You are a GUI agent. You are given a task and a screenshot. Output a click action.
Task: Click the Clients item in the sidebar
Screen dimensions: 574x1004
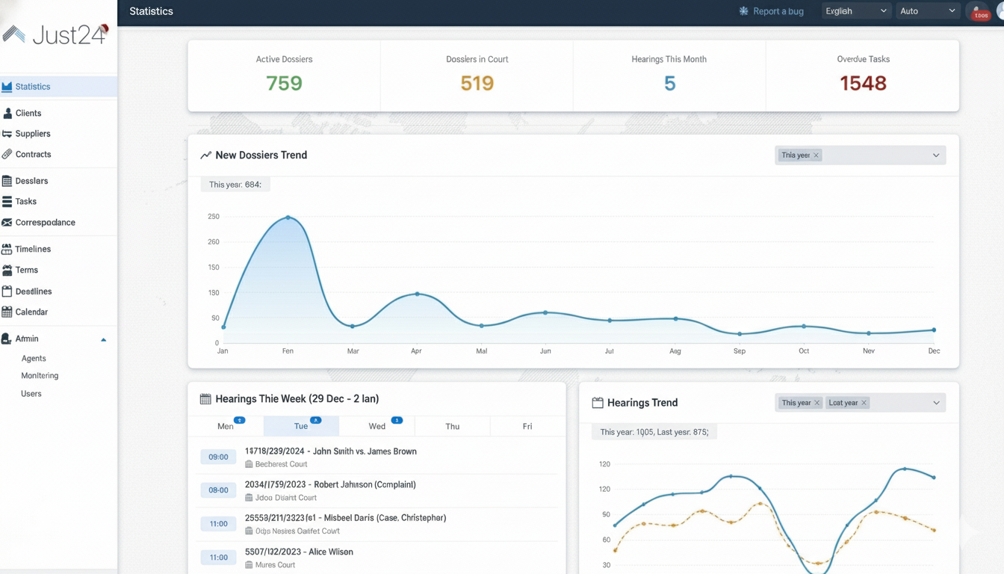tap(28, 113)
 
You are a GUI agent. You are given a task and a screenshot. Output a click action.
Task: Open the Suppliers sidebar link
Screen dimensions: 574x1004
tap(33, 134)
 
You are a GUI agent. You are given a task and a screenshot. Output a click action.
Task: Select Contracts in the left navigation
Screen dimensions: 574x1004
tap(33, 155)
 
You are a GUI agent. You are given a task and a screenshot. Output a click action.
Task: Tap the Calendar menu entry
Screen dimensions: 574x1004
tap(31, 312)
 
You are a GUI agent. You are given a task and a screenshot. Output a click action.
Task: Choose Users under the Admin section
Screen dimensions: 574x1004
tap(31, 394)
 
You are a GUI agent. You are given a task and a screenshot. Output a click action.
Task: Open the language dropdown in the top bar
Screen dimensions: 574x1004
tap(855, 11)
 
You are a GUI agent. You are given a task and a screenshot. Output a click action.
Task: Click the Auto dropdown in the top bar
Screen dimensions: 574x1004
tap(927, 11)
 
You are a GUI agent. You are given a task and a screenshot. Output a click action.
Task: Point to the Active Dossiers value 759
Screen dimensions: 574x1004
tap(284, 83)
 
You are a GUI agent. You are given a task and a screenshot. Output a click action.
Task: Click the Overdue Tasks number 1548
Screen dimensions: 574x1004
tap(863, 83)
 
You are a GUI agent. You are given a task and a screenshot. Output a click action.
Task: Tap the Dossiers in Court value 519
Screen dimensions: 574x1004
tap(477, 83)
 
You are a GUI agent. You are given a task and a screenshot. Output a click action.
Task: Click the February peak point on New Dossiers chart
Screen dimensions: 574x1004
tap(288, 217)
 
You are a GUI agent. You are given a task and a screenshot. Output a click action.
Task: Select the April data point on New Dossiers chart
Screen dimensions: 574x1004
tap(417, 294)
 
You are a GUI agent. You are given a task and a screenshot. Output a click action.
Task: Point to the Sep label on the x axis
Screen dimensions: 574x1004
tap(740, 351)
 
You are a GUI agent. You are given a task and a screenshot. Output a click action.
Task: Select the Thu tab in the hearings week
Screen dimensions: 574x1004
tap(452, 426)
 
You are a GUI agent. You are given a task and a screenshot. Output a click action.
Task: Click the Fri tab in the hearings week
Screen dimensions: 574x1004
tap(527, 426)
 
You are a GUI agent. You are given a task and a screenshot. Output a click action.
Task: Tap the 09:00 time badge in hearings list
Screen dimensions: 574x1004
tap(218, 457)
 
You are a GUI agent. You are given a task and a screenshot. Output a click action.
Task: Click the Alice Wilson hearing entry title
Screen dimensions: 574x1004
tap(299, 552)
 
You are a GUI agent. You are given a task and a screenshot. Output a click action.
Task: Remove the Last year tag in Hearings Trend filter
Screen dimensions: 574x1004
tap(864, 403)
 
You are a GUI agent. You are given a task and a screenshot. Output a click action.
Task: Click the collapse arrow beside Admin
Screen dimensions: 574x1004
tap(104, 339)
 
